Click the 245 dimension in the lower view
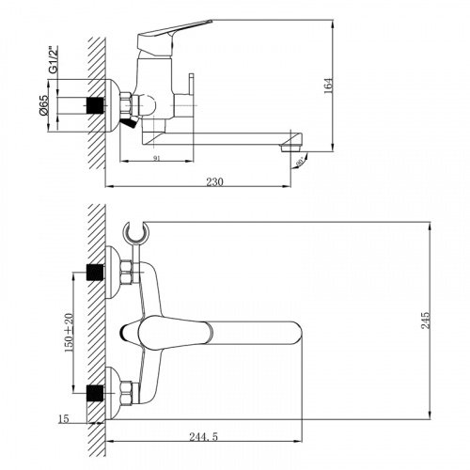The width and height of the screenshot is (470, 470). click(x=428, y=321)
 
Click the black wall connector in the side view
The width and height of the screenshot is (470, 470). click(x=95, y=103)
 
